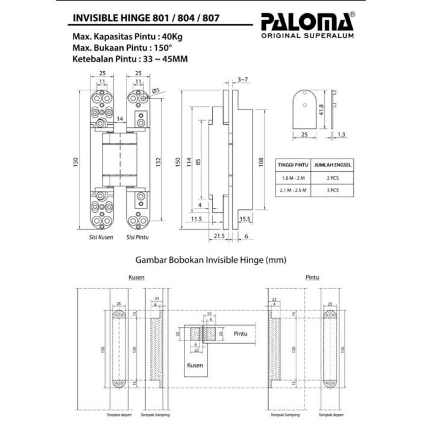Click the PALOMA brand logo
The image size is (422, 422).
pyautogui.click(x=307, y=22)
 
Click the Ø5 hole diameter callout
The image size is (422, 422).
pyautogui.click(x=155, y=90)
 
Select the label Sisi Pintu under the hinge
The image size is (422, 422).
pyautogui.click(x=137, y=238)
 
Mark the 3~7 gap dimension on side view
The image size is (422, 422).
pyautogui.click(x=242, y=80)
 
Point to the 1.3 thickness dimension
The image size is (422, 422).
pyautogui.click(x=341, y=136)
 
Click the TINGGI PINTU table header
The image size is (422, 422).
pyautogui.click(x=293, y=164)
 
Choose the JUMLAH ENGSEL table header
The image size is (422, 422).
pyautogui.click(x=333, y=164)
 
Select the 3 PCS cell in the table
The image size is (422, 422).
pyautogui.click(x=333, y=190)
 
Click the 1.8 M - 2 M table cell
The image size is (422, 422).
pyautogui.click(x=293, y=178)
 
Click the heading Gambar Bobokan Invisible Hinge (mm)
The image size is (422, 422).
pyautogui.click(x=210, y=260)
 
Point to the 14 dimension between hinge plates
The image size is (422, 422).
pyautogui.click(x=121, y=119)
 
